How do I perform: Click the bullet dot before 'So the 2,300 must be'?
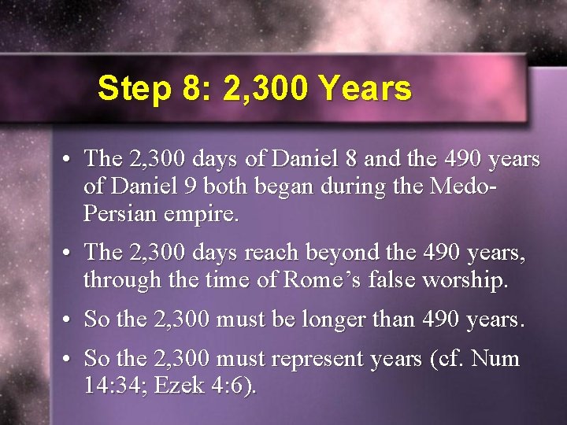point(69,320)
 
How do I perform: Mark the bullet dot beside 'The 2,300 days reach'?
point(69,253)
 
